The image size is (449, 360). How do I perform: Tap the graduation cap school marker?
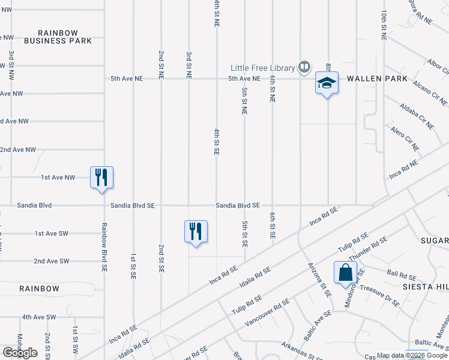coord(327,83)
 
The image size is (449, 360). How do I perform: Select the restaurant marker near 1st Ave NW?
coord(101,177)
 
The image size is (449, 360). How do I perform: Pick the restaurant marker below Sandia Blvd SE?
coord(196,231)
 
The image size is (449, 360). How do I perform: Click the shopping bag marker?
coord(346,272)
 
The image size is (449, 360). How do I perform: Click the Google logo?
coord(20,353)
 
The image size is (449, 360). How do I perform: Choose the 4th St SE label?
coord(216,142)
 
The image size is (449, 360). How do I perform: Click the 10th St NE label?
coord(383,25)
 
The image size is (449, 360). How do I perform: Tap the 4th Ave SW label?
coord(39,317)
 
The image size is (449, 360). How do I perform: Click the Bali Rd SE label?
coord(402,276)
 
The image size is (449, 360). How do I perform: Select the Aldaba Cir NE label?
coord(417,116)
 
